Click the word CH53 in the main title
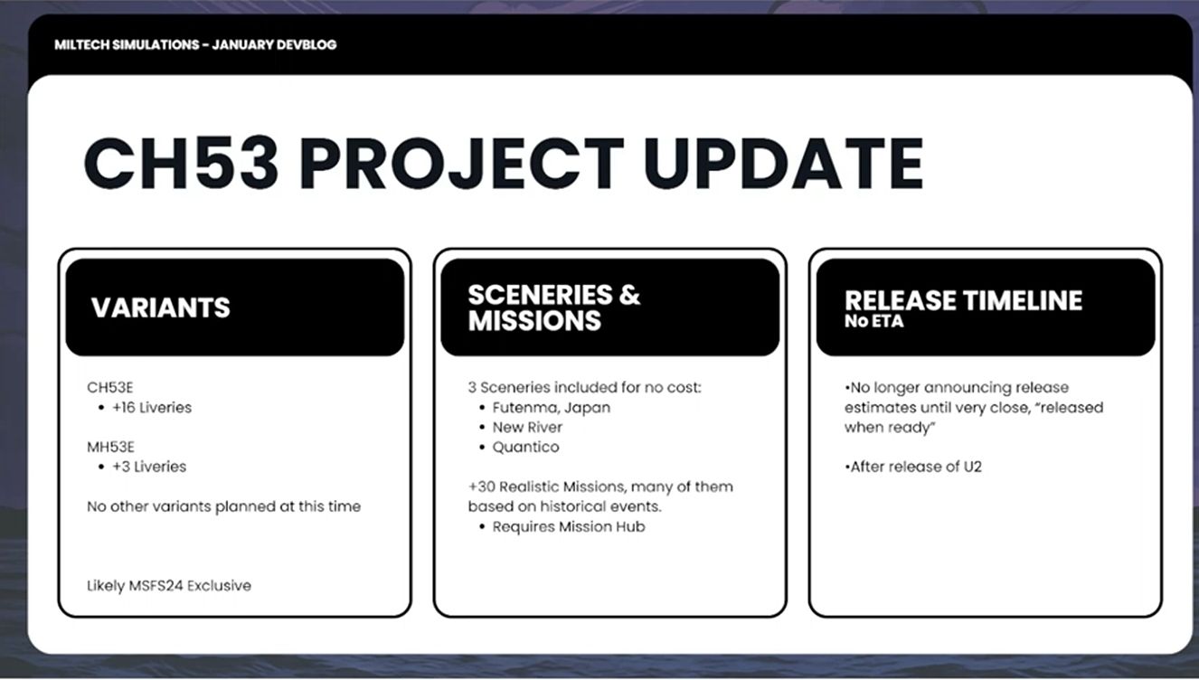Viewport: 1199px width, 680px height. pyautogui.click(x=181, y=164)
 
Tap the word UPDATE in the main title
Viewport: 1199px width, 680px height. pyautogui.click(x=784, y=164)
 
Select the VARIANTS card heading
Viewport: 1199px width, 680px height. pyautogui.click(x=161, y=307)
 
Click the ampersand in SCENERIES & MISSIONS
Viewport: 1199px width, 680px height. pyautogui.click(x=629, y=295)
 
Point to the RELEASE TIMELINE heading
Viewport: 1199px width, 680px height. pyautogui.click(x=964, y=300)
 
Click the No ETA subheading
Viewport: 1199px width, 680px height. pyautogui.click(x=874, y=321)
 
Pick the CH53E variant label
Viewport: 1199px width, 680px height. pyautogui.click(x=109, y=387)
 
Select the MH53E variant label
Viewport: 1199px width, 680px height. pyautogui.click(x=111, y=447)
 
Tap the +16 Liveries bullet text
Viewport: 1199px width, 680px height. pyautogui.click(x=152, y=408)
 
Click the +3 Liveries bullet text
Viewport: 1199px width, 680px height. pyautogui.click(x=149, y=467)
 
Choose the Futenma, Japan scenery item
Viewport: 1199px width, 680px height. pyautogui.click(x=552, y=408)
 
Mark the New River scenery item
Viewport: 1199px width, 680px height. pyautogui.click(x=527, y=428)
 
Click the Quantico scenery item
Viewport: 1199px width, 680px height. pyautogui.click(x=525, y=447)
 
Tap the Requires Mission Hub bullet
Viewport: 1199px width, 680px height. pyautogui.click(x=569, y=527)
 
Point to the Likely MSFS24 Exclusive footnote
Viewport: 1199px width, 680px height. pyautogui.click(x=168, y=586)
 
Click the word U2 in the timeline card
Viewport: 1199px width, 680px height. pyautogui.click(x=973, y=467)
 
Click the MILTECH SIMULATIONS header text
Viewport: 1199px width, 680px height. pyautogui.click(x=127, y=45)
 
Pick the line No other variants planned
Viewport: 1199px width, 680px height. pyautogui.click(x=223, y=506)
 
